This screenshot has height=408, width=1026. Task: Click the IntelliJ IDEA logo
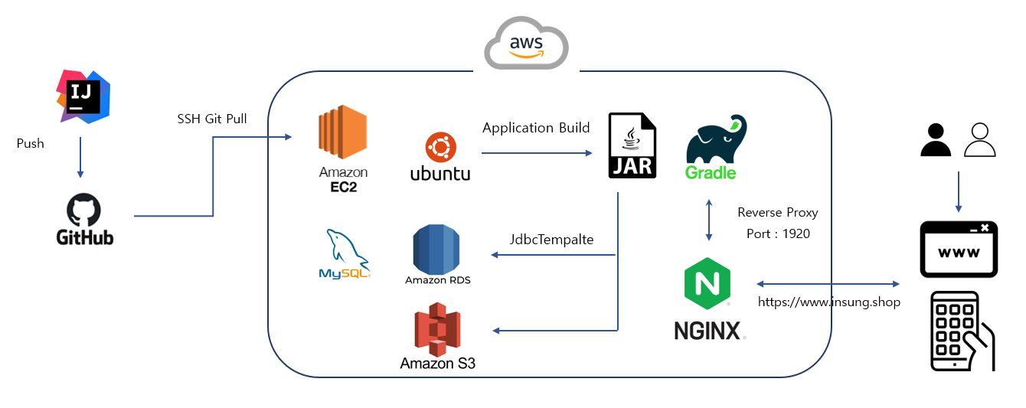point(82,96)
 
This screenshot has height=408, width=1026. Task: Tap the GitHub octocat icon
point(84,209)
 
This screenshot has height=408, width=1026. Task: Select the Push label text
point(31,143)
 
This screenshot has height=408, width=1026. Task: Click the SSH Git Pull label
point(211,119)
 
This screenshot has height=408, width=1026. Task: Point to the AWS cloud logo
point(527,44)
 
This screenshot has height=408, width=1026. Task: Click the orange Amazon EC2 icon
point(343,135)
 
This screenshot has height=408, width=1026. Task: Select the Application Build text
point(536,128)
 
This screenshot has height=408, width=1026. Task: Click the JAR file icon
point(632,145)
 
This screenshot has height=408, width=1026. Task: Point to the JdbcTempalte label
point(551,240)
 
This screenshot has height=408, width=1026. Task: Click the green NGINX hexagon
point(707,283)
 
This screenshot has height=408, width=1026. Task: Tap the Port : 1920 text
point(778,233)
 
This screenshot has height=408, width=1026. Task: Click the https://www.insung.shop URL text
point(828,302)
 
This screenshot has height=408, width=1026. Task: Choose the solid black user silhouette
point(935,140)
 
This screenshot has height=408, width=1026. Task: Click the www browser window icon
point(959,250)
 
